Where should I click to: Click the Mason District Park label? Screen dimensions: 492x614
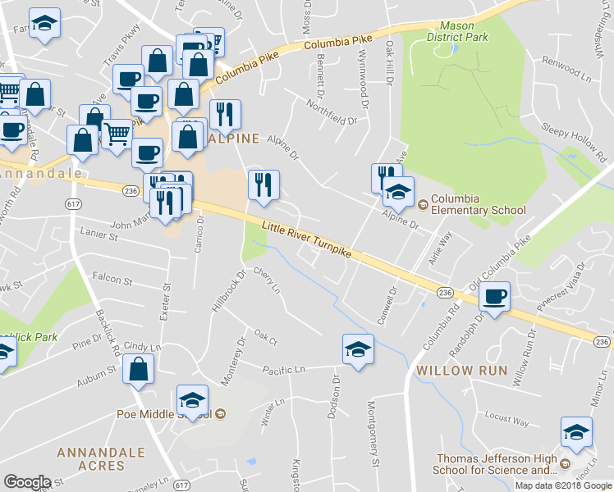[464, 31]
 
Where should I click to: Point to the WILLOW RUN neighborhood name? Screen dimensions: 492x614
[456, 371]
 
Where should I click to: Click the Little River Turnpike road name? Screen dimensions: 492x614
[307, 242]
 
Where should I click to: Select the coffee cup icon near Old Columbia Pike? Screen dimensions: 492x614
[495, 297]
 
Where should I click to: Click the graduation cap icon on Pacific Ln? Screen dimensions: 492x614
[358, 350]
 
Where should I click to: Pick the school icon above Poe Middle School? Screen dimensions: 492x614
[193, 400]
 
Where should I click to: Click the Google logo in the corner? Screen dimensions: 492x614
[27, 482]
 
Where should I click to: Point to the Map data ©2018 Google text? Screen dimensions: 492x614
[564, 485]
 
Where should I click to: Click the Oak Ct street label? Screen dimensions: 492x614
[266, 337]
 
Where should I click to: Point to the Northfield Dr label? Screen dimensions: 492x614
[332, 113]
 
